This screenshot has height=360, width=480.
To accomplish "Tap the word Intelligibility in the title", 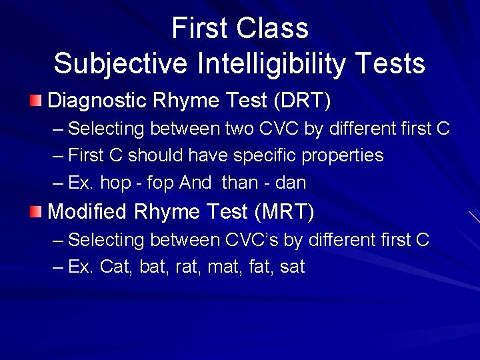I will pyautogui.click(x=273, y=64).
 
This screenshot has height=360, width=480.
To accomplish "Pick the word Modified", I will pyautogui.click(x=87, y=212).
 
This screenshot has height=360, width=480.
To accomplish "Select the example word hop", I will pyautogui.click(x=116, y=183).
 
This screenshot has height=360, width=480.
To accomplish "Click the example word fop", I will pyautogui.click(x=160, y=183).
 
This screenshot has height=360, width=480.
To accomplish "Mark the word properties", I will pyautogui.click(x=343, y=156).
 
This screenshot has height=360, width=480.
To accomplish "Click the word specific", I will pyautogui.click(x=263, y=156).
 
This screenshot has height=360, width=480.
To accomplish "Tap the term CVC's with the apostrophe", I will pyautogui.click(x=277, y=240).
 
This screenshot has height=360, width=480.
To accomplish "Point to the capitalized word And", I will pyautogui.click(x=195, y=183).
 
